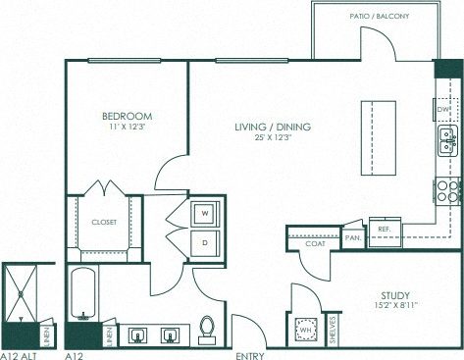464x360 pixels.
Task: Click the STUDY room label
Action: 394,294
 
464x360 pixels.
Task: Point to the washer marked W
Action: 205,211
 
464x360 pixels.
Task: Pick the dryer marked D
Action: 205,239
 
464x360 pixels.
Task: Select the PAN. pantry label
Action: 353,237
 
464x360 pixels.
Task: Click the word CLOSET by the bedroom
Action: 104,223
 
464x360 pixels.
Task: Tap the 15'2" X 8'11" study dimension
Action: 394,306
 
